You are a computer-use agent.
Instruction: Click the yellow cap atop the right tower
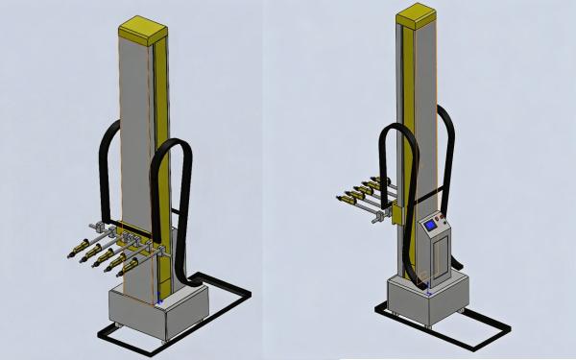pyautogui.click(x=415, y=15)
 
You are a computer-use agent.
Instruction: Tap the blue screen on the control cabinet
pyautogui.click(x=428, y=228)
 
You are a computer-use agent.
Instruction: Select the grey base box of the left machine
pyautogui.click(x=157, y=313)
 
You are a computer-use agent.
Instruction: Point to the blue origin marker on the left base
pyautogui.click(x=158, y=303)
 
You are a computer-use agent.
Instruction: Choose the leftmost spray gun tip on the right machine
pyautogui.click(x=339, y=201)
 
